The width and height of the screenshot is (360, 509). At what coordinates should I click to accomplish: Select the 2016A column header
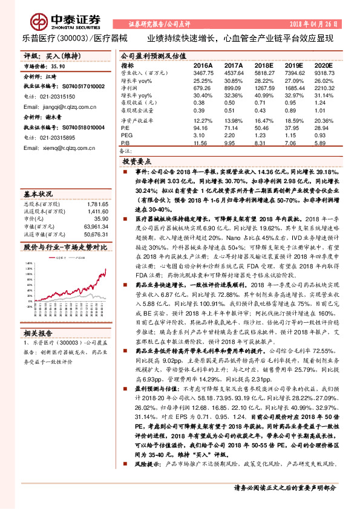(203, 65)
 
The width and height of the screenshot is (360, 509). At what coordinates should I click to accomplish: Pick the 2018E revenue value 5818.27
(264, 72)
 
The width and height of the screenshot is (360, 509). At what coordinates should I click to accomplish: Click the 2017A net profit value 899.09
(234, 88)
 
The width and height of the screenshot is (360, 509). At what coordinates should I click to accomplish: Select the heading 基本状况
(38, 195)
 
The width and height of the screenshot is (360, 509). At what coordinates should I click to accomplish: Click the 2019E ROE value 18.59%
(294, 120)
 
